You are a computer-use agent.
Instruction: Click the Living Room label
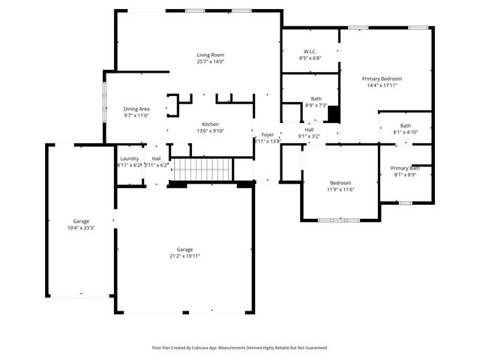211,55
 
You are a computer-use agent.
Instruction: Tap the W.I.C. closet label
310,51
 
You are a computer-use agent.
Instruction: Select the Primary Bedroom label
382,79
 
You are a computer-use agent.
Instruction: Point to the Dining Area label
136,109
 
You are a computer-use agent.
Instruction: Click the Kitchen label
210,124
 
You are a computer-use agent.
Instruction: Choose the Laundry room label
129,158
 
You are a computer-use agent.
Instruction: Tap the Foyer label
267,134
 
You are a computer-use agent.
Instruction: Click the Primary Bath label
406,168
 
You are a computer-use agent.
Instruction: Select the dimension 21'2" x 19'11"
184,256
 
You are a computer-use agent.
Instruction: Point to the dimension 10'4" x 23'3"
81,227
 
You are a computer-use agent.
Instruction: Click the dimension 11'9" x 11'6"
340,189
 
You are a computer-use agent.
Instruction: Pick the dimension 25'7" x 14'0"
211,61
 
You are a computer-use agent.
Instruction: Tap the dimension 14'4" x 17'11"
382,85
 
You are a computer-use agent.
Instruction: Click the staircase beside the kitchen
200,169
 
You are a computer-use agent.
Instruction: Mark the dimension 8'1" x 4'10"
405,132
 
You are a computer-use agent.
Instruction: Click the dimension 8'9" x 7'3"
316,105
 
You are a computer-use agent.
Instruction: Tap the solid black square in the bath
334,114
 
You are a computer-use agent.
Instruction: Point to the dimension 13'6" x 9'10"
210,130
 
